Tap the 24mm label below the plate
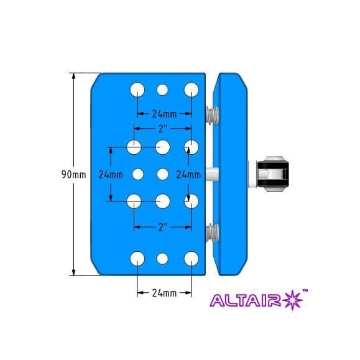click(x=164, y=292)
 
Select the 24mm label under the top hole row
click(x=164, y=114)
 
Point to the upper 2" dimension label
click(x=163, y=129)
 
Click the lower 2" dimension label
click(x=163, y=227)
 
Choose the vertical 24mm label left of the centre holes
click(x=110, y=175)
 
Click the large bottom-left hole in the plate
click(x=137, y=259)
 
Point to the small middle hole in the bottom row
click(x=163, y=259)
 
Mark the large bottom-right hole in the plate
click(x=190, y=259)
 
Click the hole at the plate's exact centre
click(x=163, y=174)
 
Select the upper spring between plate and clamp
click(x=211, y=114)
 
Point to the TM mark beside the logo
click(x=305, y=290)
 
